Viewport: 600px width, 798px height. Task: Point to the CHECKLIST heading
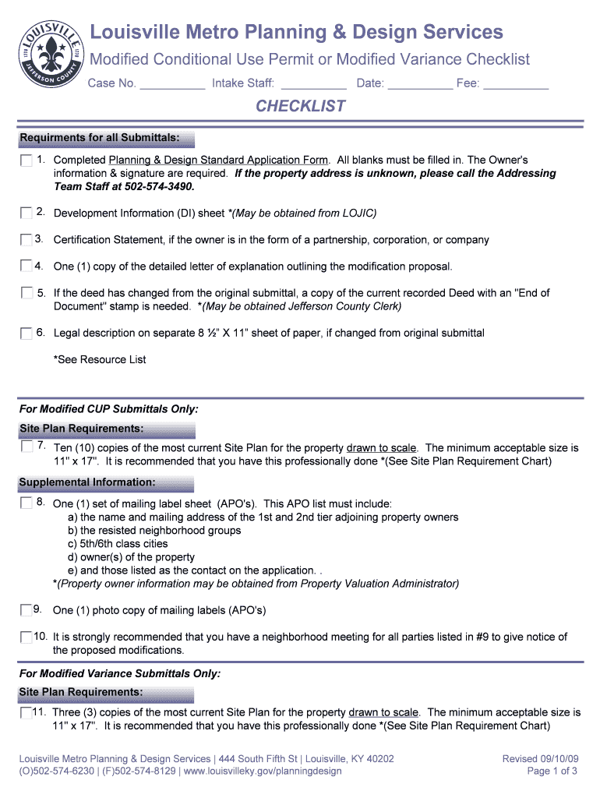pyautogui.click(x=300, y=106)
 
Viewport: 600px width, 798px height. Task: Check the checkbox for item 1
pyautogui.click(x=26, y=161)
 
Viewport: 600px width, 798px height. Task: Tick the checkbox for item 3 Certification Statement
pyautogui.click(x=26, y=239)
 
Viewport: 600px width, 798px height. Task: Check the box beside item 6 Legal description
pyautogui.click(x=26, y=334)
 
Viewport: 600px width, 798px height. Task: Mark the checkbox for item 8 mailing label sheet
pyautogui.click(x=26, y=504)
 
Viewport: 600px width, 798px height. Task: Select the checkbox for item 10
pyautogui.click(x=26, y=637)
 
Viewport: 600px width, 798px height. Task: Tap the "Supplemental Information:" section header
pyautogui.click(x=87, y=482)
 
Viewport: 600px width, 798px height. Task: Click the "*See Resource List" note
pyautogui.click(x=100, y=359)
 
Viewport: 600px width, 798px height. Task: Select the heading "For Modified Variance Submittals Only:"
pyautogui.click(x=120, y=673)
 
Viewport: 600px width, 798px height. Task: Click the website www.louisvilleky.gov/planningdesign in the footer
pyautogui.click(x=263, y=772)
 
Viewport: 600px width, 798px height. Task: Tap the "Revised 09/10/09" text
pyautogui.click(x=539, y=758)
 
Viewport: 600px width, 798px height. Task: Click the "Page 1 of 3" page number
pyautogui.click(x=552, y=772)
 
